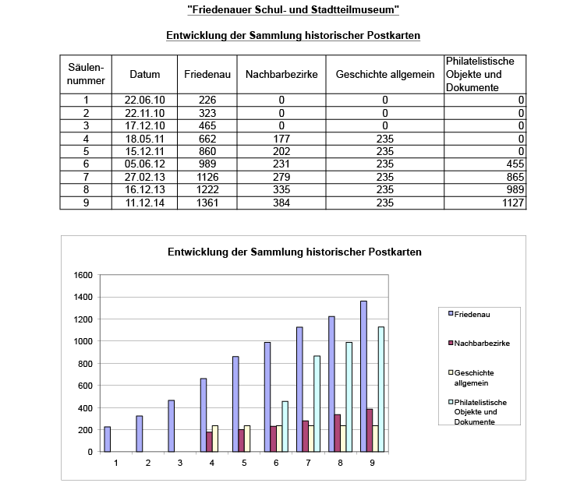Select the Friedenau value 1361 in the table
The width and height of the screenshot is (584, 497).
click(x=207, y=203)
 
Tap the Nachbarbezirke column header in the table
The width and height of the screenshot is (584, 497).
click(x=281, y=75)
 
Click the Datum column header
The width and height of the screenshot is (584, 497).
click(x=144, y=75)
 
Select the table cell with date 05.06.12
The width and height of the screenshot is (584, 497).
click(x=144, y=165)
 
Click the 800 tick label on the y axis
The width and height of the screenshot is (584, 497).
click(x=84, y=363)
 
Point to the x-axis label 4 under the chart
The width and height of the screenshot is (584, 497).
click(x=212, y=463)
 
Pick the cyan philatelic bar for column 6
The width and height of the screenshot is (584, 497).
click(x=285, y=426)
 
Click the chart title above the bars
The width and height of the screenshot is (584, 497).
click(x=294, y=253)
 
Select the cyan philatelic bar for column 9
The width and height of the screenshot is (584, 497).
click(x=381, y=389)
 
